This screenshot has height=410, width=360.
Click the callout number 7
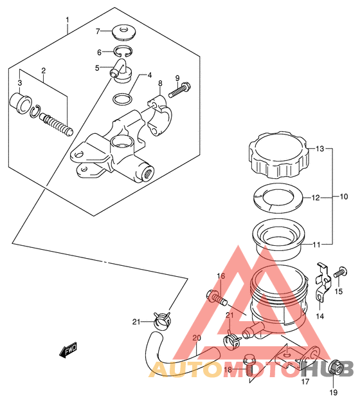coord(98,32)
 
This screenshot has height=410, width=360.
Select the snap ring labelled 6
coord(123,51)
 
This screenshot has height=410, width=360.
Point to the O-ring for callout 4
coord(122,99)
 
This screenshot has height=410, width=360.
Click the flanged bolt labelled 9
coord(180,90)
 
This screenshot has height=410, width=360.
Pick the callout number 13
coord(319,149)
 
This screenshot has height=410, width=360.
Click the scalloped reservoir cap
coord(279,154)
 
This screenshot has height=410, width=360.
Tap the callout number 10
coord(344,196)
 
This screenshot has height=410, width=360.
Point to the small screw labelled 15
coord(341,272)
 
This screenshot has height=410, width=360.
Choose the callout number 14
coord(319,316)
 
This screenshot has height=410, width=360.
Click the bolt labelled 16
coord(217,298)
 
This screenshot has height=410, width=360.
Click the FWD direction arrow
coord(68,349)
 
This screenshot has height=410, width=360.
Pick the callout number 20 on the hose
coord(197,338)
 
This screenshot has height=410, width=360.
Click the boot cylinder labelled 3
coord(21,104)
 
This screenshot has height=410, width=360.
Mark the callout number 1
coord(67,20)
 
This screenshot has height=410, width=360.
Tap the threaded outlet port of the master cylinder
coord(148,173)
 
